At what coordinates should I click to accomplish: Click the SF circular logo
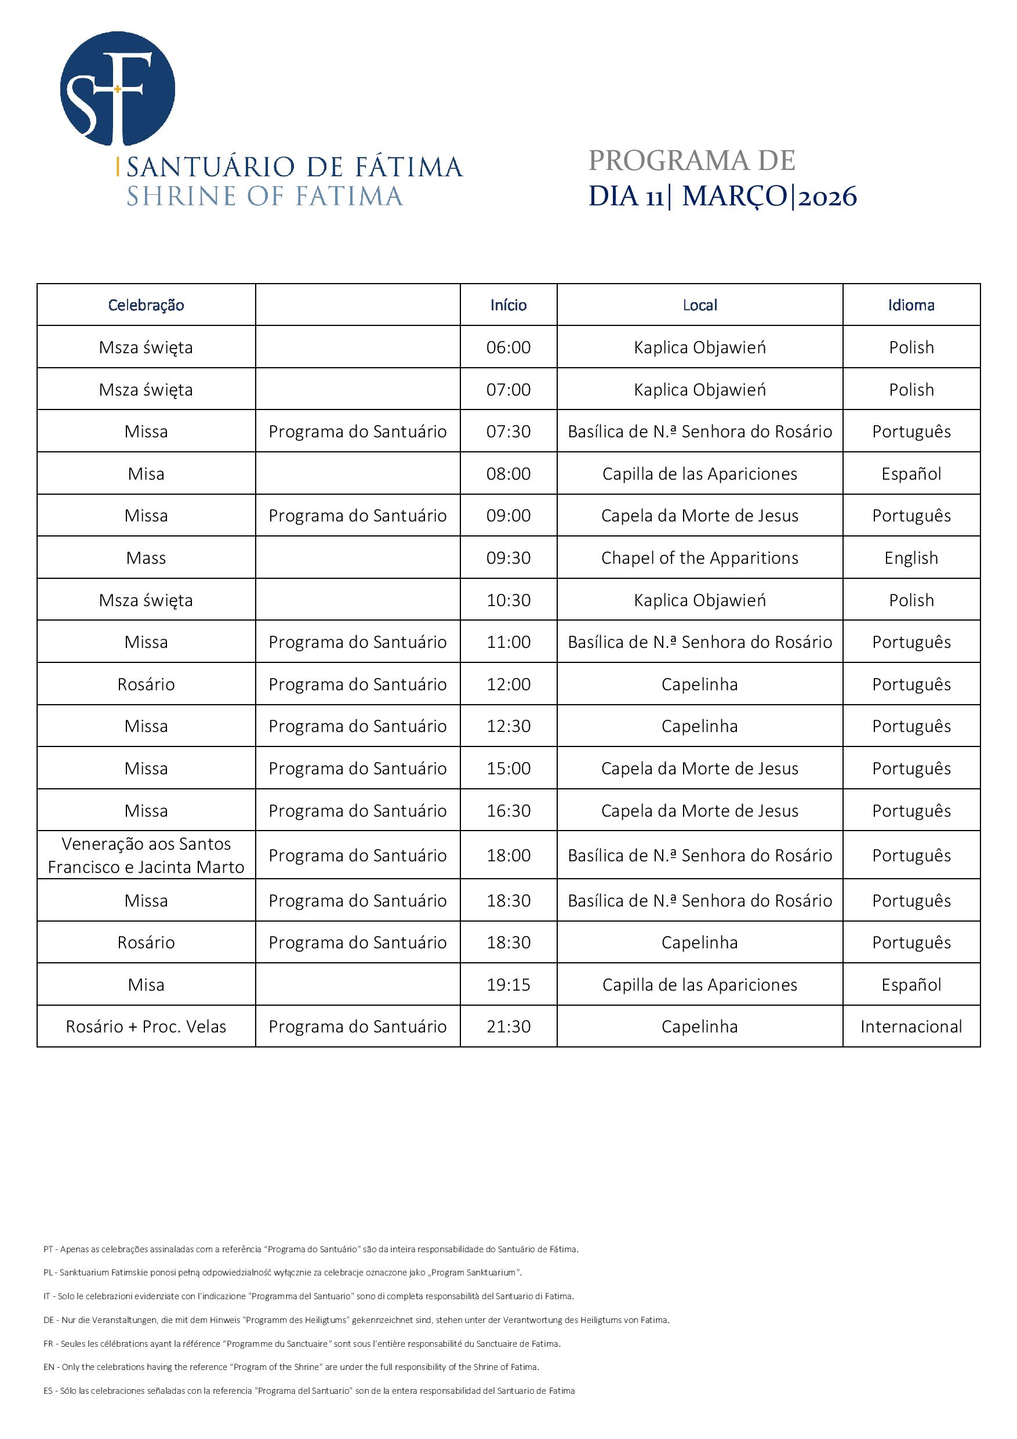pyautogui.click(x=117, y=88)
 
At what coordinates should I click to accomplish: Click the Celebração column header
pyautogui.click(x=146, y=305)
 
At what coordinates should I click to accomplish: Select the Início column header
pyautogui.click(x=508, y=305)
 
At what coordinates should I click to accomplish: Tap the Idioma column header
pyautogui.click(x=911, y=305)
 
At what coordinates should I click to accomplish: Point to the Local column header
pyautogui.click(x=699, y=305)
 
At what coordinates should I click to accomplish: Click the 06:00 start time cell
pyautogui.click(x=508, y=347)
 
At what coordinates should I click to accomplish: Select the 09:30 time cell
pyautogui.click(x=508, y=558)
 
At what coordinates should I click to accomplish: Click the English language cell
pyautogui.click(x=911, y=558)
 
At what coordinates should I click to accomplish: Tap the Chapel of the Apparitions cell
pyautogui.click(x=699, y=558)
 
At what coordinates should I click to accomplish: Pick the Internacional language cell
pyautogui.click(x=911, y=1027)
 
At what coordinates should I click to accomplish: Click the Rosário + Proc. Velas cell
pyautogui.click(x=146, y=1027)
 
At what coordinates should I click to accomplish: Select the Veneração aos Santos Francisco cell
pyautogui.click(x=146, y=856)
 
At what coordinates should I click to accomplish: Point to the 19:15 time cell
pyautogui.click(x=508, y=985)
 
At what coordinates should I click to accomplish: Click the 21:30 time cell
pyautogui.click(x=508, y=1027)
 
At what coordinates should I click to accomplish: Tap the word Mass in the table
pyautogui.click(x=146, y=558)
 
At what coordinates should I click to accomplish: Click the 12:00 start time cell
pyautogui.click(x=508, y=684)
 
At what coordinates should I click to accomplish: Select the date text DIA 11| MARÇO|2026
pyautogui.click(x=722, y=197)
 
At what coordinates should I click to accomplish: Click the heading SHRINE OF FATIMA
pyautogui.click(x=264, y=197)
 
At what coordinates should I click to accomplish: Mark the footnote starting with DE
pyautogui.click(x=356, y=1320)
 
